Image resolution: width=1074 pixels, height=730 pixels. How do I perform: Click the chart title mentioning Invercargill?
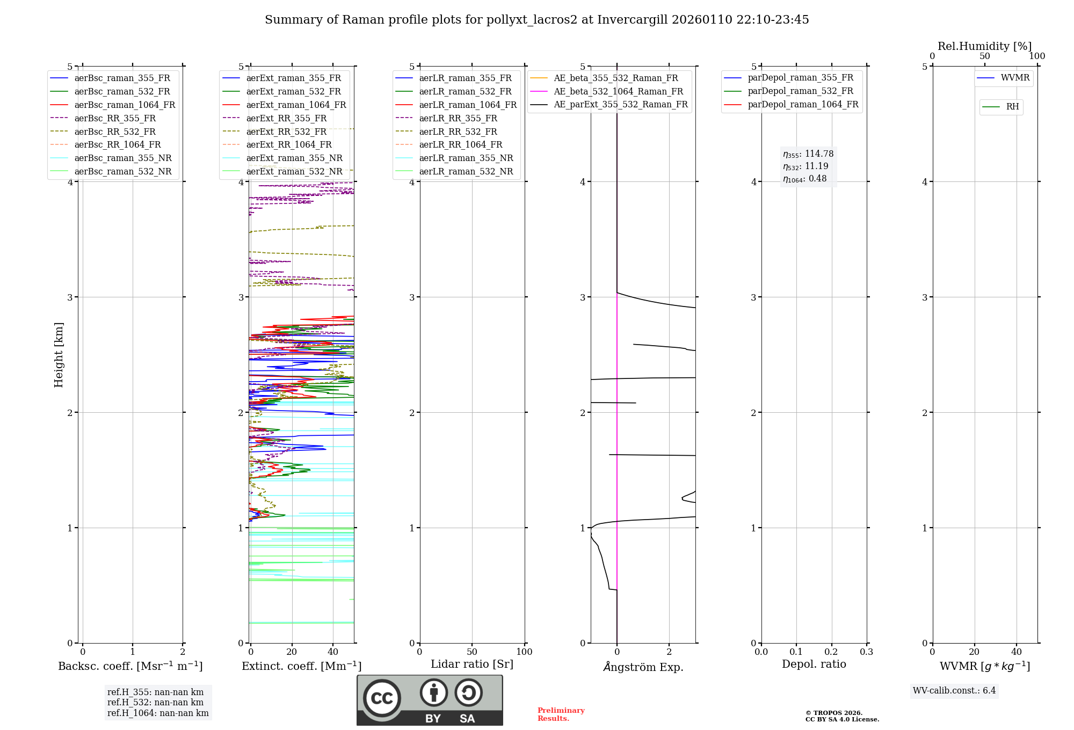[x=536, y=20]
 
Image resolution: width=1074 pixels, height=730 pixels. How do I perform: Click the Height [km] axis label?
[x=59, y=355]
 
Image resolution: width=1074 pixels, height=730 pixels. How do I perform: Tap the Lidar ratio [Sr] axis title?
[x=472, y=664]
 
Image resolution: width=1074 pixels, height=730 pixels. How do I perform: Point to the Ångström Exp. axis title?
[x=643, y=667]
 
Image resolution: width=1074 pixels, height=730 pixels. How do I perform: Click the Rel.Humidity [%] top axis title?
[x=984, y=46]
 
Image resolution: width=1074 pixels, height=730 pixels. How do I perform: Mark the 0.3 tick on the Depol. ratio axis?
[x=866, y=652]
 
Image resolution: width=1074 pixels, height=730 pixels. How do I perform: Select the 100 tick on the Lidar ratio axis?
[x=524, y=652]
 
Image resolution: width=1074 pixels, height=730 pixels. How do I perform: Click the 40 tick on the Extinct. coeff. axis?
[x=333, y=652]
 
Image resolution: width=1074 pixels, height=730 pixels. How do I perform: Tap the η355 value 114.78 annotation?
[x=808, y=154]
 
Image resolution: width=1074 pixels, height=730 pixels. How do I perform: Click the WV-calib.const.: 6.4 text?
[x=954, y=691]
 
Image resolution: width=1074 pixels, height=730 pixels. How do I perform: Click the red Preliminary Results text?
[x=561, y=714]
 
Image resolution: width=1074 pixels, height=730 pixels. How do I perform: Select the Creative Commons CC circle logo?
[x=382, y=698]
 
